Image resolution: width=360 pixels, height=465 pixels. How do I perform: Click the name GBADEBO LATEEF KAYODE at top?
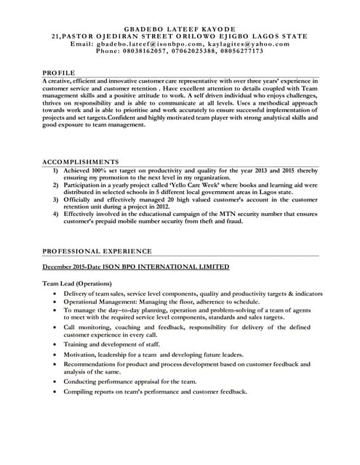coord(180,28)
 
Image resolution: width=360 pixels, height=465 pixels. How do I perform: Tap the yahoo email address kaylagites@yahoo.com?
coord(241,44)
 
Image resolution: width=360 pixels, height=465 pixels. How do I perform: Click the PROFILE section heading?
coord(58,73)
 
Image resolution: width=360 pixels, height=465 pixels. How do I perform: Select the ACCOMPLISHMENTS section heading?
coord(80,161)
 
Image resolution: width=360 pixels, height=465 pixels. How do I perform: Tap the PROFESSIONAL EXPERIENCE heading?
coord(97,251)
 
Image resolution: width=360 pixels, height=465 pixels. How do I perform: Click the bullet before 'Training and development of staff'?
coord(55,344)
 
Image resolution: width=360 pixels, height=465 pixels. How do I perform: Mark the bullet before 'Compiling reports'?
coord(55,392)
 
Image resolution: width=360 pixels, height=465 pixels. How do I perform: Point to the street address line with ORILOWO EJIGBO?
coord(180,36)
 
